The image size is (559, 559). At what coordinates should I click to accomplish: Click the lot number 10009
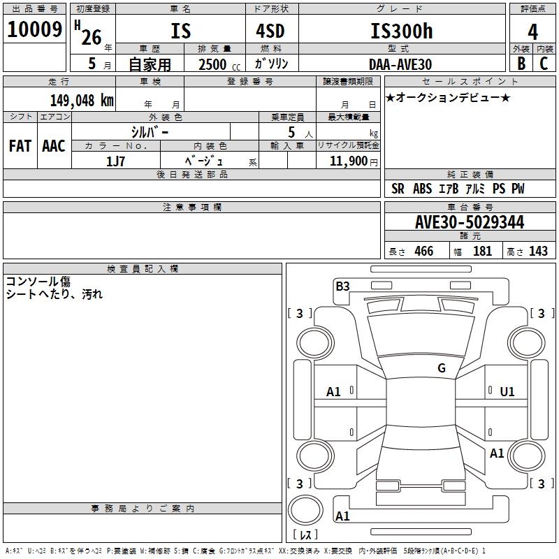click(x=34, y=30)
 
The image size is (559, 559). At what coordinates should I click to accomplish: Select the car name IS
click(x=180, y=31)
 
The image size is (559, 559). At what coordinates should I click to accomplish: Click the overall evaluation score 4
click(x=532, y=31)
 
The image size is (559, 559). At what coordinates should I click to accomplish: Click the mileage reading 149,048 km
click(x=82, y=100)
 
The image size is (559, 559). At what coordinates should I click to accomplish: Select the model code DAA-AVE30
click(x=400, y=64)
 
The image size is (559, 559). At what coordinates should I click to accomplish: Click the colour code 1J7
click(x=115, y=161)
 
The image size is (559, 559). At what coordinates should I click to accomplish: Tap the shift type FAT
click(x=20, y=145)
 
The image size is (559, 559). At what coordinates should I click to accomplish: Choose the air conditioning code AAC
click(x=53, y=145)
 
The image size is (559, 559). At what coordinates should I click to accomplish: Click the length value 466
click(x=423, y=251)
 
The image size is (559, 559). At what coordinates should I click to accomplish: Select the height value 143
click(x=538, y=251)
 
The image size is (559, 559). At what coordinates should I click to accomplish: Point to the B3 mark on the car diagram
click(x=342, y=286)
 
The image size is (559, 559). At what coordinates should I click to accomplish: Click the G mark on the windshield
click(x=441, y=368)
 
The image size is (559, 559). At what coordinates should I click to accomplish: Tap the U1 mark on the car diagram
click(x=507, y=392)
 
